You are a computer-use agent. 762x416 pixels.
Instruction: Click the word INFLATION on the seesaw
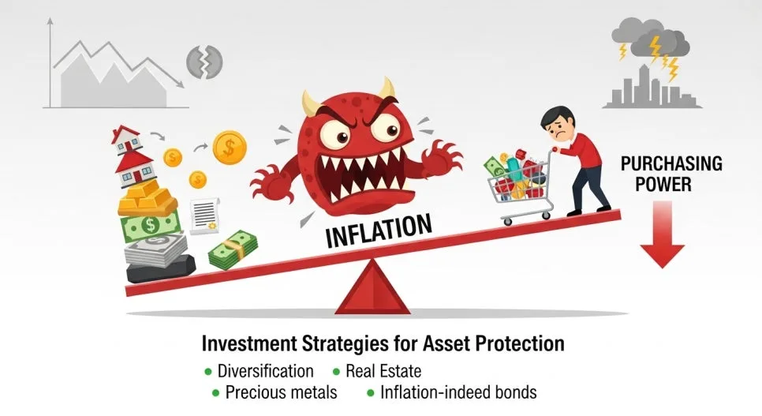coord(379,230)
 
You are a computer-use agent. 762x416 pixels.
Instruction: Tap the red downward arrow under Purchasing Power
coord(662,234)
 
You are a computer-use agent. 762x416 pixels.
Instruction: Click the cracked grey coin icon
coord(204,62)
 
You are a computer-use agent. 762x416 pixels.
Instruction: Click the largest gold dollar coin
coord(230,148)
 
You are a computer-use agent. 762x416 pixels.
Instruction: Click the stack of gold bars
coord(147,198)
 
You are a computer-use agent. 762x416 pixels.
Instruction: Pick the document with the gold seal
coord(204,216)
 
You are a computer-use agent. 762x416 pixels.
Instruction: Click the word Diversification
coord(265,371)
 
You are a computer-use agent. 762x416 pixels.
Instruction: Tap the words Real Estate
coord(383,371)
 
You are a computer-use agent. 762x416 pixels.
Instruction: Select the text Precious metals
coord(281,392)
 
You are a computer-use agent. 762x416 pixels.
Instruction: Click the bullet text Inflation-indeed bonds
coord(458,392)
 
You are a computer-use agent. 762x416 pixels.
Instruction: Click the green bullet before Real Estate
coord(336,373)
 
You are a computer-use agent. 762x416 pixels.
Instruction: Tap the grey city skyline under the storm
coord(652,87)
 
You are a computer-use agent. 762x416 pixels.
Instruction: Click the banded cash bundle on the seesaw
coord(233,250)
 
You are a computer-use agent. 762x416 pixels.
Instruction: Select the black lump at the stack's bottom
coord(161,269)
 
